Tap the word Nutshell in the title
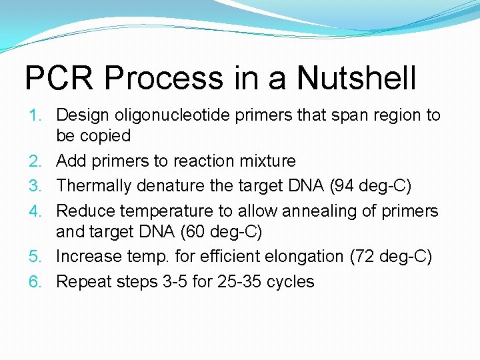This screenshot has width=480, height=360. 357,79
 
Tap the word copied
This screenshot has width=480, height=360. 105,136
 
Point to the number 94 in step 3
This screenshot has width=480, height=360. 350,186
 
